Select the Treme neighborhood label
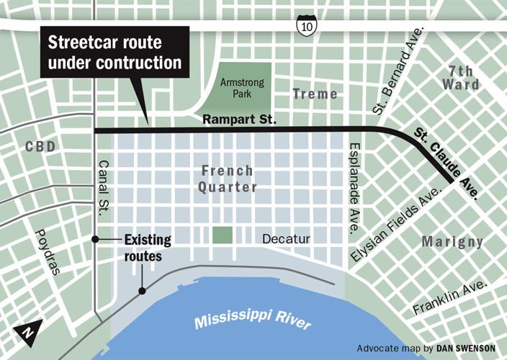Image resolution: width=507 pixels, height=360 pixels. pyautogui.click(x=315, y=94)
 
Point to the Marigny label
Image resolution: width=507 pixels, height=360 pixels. pyautogui.click(x=452, y=241)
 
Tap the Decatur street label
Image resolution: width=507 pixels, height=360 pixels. pyautogui.click(x=286, y=238)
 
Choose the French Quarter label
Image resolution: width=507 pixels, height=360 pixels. pyautogui.click(x=228, y=179)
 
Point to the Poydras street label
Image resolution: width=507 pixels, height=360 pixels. pyautogui.click(x=45, y=252)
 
